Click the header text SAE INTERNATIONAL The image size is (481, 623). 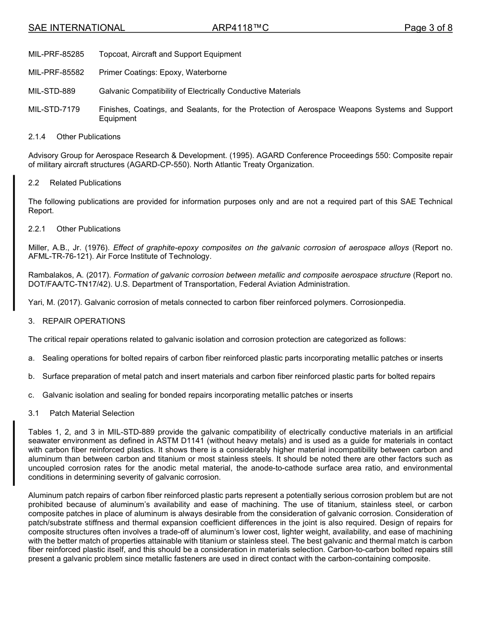pyautogui.click(x=76, y=28)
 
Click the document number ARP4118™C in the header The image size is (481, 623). pyautogui.click(x=240, y=28)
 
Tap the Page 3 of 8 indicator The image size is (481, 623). pyautogui.click(x=428, y=28)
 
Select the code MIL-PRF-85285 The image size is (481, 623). pyautogui.click(x=56, y=54)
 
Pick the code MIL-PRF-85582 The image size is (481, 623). pyautogui.click(x=56, y=72)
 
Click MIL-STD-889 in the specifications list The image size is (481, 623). pyautogui.click(x=52, y=91)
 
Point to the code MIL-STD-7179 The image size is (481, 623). pyautogui.click(x=54, y=109)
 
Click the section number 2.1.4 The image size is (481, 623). pyautogui.click(x=37, y=137)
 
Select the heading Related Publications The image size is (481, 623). pyautogui.click(x=85, y=183)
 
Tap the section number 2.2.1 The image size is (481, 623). pyautogui.click(x=37, y=229)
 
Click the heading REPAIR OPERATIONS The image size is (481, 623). pyautogui.click(x=84, y=321)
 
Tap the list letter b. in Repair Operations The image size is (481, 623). pyautogui.click(x=31, y=376)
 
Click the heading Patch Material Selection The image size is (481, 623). pyautogui.click(x=92, y=413)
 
